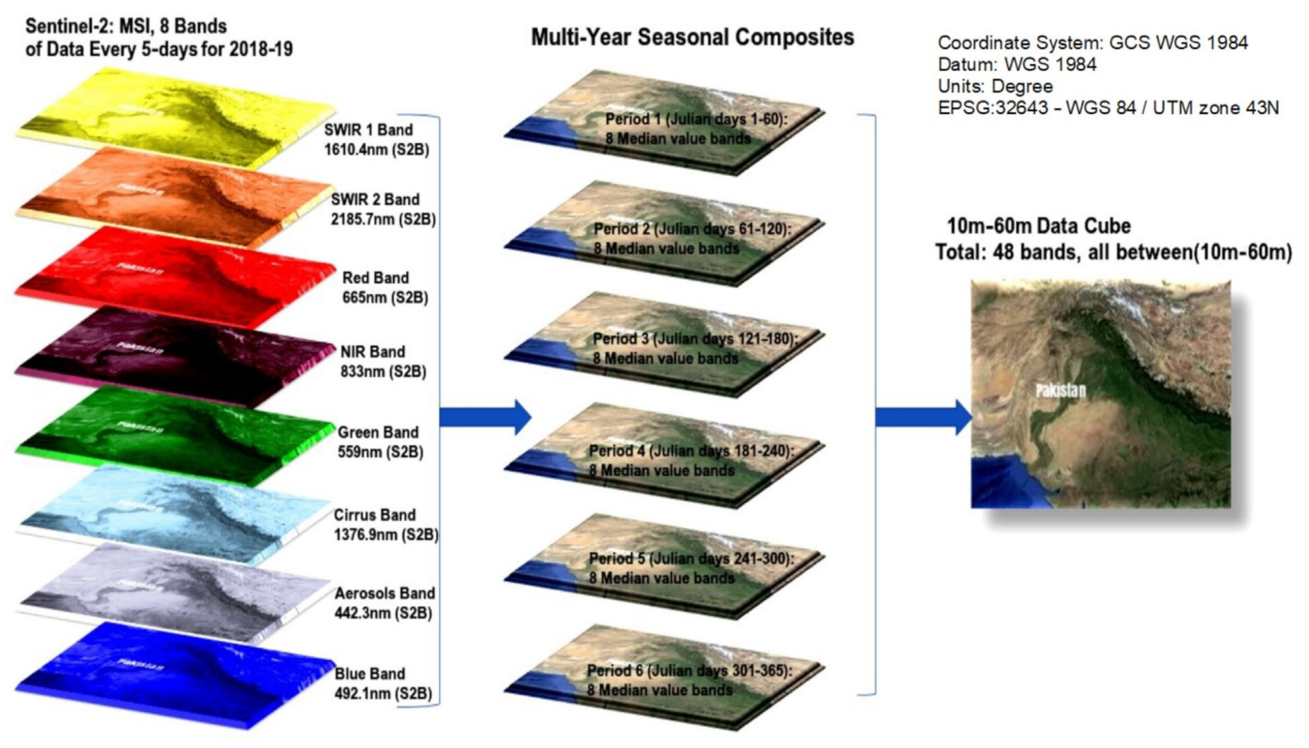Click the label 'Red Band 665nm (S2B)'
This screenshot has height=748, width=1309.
[385, 287]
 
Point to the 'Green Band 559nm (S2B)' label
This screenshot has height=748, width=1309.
[380, 442]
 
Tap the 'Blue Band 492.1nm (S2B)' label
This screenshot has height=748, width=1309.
[384, 683]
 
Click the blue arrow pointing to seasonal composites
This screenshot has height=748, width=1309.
[485, 418]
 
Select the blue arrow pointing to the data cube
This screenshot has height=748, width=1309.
[924, 418]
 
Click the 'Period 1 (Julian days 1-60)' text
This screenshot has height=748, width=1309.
[697, 119]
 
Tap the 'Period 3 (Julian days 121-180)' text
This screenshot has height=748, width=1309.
[695, 338]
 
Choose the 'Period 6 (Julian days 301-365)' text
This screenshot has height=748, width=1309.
[690, 670]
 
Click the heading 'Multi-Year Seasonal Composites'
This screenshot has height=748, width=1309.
[692, 37]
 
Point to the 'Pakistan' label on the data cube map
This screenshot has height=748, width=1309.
[1061, 390]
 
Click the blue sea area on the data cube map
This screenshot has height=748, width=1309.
[1006, 482]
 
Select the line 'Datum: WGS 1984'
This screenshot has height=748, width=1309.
[1017, 65]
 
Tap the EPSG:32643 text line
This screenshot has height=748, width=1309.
[1109, 108]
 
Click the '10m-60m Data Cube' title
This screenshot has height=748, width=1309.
[1038, 226]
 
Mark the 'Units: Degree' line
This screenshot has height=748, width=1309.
[995, 86]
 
